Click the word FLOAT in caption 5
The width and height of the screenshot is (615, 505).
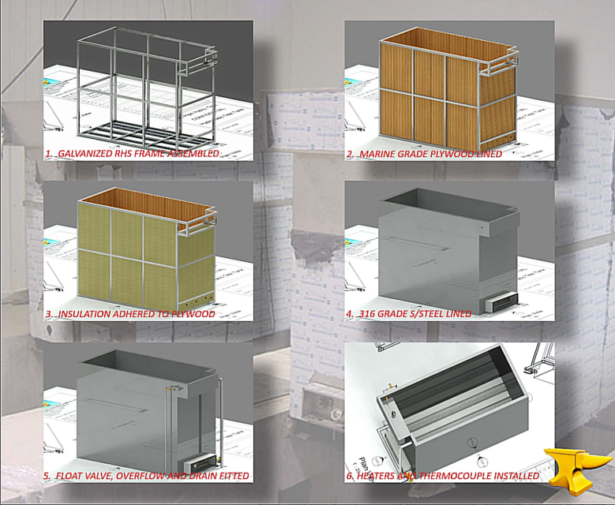(71, 476)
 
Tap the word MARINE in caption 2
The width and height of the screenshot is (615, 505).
(380, 154)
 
